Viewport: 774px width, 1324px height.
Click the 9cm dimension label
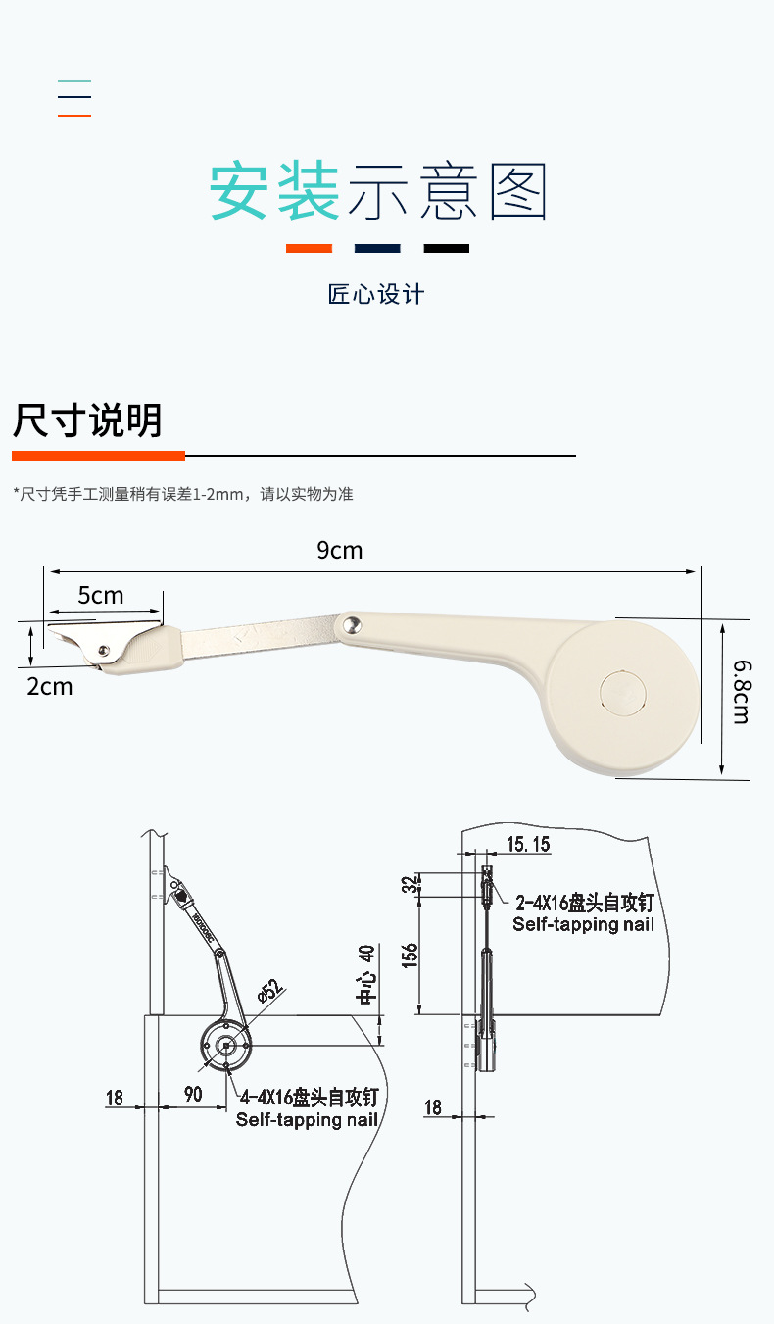pos(339,551)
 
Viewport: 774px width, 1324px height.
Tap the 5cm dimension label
pos(101,596)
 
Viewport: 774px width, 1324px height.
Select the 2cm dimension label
pos(50,687)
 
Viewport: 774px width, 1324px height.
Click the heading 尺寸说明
pos(87,420)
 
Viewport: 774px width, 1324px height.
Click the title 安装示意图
pos(378,192)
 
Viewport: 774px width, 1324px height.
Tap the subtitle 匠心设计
pos(376,294)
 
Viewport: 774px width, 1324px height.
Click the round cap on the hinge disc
pos(622,690)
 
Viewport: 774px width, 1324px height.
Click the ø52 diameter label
pos(270,991)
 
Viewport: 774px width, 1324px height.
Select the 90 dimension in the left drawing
pos(193,1094)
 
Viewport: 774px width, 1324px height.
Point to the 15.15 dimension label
pos(528,844)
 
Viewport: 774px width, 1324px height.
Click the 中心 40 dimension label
pos(366,975)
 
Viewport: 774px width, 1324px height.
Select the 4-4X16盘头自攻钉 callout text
pos(310,1097)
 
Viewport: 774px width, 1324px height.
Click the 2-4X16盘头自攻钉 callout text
pos(584,903)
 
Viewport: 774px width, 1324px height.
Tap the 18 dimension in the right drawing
pos(433,1107)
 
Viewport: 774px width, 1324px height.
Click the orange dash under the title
pos(309,249)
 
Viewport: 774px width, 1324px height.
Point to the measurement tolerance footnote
pos(183,494)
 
